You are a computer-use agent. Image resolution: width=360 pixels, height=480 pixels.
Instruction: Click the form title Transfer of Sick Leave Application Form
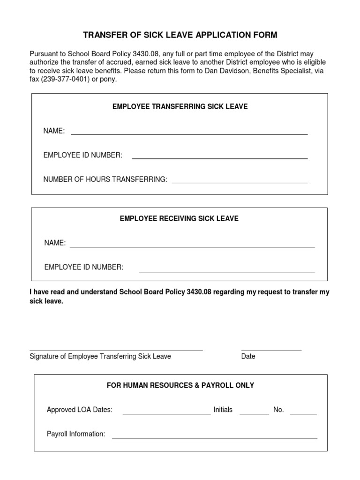pos(180,35)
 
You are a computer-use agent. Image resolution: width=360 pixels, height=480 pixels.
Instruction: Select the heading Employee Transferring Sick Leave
pos(180,107)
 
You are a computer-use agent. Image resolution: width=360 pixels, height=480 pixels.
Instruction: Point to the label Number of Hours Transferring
pos(105,180)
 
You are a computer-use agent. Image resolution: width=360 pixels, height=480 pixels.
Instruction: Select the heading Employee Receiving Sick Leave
pos(179,219)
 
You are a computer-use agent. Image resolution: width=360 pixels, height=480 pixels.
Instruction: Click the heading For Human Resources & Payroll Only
pos(180,385)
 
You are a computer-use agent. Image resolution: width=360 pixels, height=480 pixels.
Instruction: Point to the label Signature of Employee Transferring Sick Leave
pos(100,356)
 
